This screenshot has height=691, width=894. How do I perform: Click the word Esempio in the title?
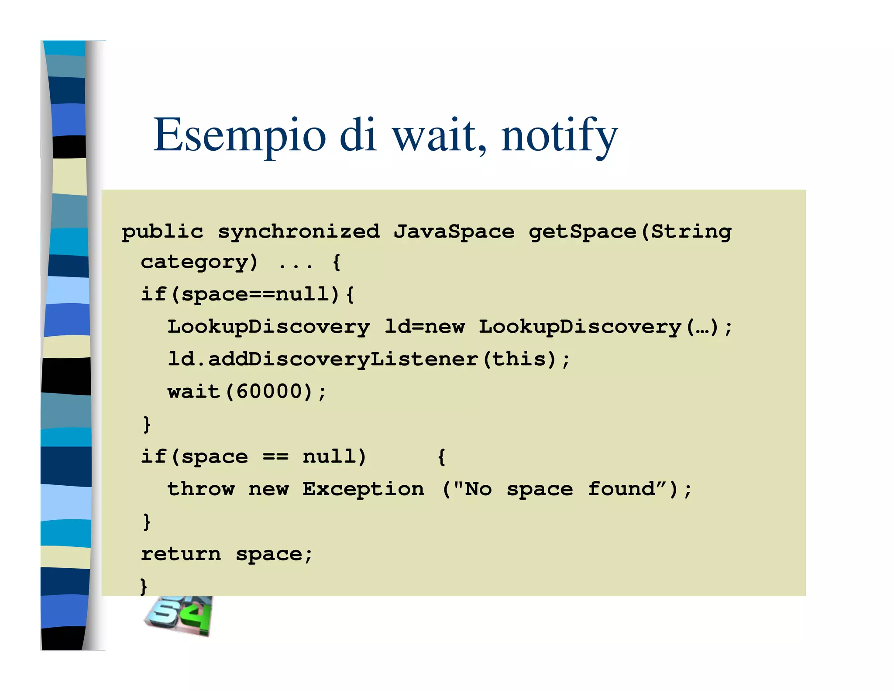pos(239,135)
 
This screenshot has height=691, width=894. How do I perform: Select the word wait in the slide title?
pos(438,135)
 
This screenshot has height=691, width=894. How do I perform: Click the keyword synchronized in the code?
pos(299,231)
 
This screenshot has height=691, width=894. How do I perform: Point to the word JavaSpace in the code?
pos(454,231)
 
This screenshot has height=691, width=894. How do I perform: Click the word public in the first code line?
pos(162,231)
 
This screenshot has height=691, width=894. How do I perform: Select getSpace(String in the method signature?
pos(629,231)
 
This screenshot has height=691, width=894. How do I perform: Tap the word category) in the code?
pos(199,262)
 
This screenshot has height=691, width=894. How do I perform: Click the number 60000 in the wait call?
pos(269,391)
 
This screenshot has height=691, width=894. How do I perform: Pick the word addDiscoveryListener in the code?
pos(343,359)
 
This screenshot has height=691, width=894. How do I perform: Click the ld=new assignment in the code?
pos(424,327)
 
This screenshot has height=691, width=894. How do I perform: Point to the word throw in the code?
pos(201,489)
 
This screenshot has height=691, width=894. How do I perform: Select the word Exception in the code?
pos(363,489)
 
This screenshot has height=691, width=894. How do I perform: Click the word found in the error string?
pos(622,489)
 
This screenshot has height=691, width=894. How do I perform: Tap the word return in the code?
pos(181,554)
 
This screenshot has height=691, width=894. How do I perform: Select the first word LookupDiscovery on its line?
pos(268,327)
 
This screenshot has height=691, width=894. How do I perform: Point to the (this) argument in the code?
pos(519,359)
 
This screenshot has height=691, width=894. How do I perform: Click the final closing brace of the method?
pos(144,586)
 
